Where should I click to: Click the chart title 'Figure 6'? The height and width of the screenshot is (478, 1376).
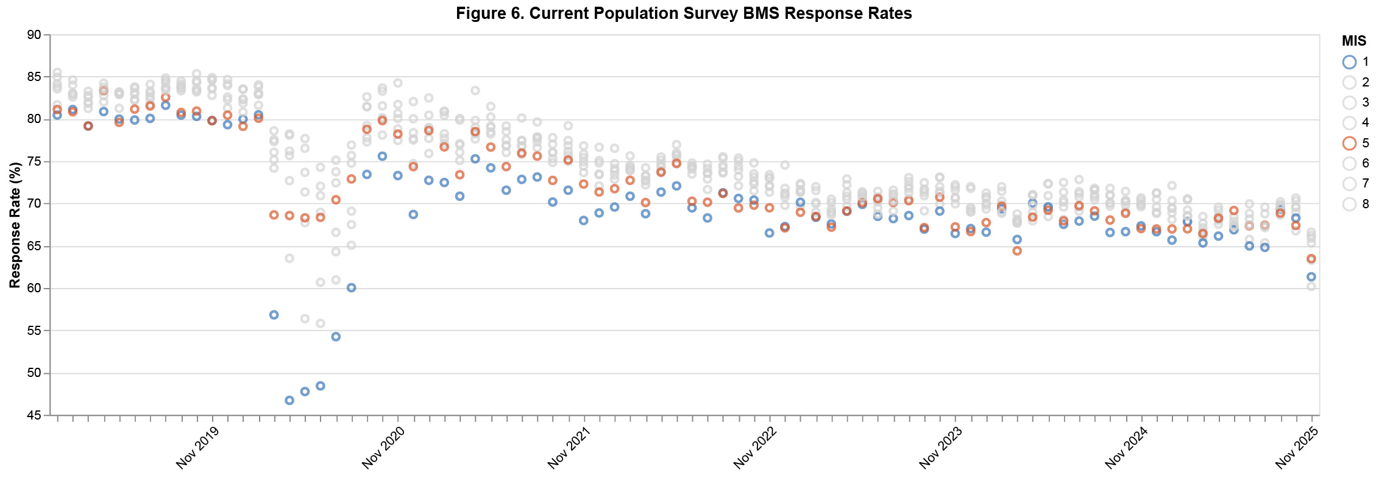pyautogui.click(x=684, y=13)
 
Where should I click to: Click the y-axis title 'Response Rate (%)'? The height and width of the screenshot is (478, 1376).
pyautogui.click(x=15, y=225)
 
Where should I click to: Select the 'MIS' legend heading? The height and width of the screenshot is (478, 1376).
pyautogui.click(x=1354, y=41)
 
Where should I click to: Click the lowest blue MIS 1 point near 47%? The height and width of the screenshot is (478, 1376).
pyautogui.click(x=289, y=400)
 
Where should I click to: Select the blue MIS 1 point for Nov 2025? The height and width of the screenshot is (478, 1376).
pyautogui.click(x=1311, y=276)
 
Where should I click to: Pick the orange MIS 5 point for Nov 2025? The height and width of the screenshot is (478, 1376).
pyautogui.click(x=1311, y=259)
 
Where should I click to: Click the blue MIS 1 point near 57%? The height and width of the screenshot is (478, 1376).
pyautogui.click(x=274, y=315)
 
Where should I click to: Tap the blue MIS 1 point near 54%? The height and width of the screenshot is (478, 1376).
pyautogui.click(x=336, y=337)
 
